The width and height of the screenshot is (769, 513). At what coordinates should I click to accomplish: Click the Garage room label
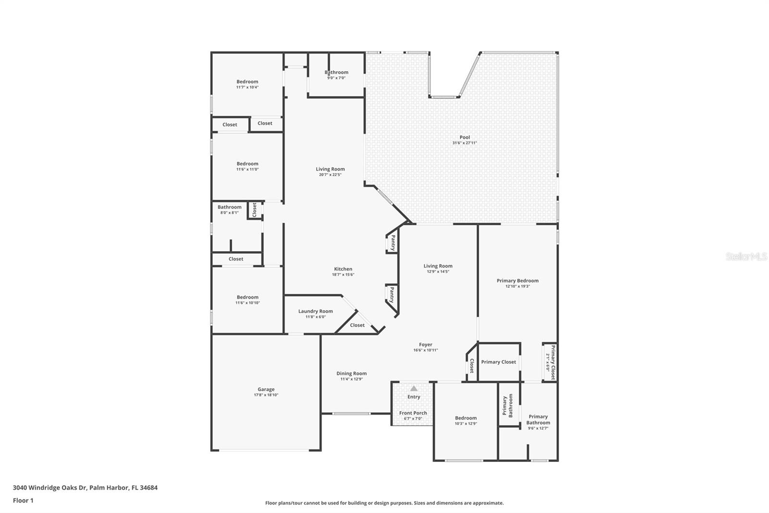click(266, 389)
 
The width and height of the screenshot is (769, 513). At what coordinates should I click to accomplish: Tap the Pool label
click(464, 137)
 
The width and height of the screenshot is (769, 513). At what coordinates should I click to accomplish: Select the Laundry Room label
click(315, 311)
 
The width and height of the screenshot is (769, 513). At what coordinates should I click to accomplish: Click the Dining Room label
click(351, 373)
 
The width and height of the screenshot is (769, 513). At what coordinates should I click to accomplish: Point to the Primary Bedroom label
click(517, 281)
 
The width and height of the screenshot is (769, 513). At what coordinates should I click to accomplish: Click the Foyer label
click(425, 345)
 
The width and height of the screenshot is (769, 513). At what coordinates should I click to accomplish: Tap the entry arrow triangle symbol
click(414, 388)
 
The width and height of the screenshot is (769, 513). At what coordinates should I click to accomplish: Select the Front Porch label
click(413, 413)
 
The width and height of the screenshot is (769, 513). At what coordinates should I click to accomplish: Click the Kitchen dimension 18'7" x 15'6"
click(343, 275)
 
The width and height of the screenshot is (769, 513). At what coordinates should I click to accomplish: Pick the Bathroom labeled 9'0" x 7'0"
click(336, 72)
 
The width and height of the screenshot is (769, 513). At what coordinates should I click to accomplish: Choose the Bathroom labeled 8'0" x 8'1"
click(229, 207)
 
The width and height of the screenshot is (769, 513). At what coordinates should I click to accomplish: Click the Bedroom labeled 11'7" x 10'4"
click(247, 82)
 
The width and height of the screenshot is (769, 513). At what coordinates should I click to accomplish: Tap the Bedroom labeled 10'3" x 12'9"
click(466, 418)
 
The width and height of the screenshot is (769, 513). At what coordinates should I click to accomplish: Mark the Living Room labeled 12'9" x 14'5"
click(438, 266)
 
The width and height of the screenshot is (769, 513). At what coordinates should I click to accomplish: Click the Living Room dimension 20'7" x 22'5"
click(330, 175)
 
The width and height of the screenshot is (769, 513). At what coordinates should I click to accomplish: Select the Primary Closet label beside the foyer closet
click(498, 362)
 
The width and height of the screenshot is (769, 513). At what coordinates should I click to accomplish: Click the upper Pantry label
click(393, 243)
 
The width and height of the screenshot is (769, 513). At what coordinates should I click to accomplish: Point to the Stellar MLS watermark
click(746, 257)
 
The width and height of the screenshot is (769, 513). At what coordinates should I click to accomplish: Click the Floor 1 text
click(23, 500)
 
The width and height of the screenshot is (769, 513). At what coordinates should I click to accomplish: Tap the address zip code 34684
click(148, 487)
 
